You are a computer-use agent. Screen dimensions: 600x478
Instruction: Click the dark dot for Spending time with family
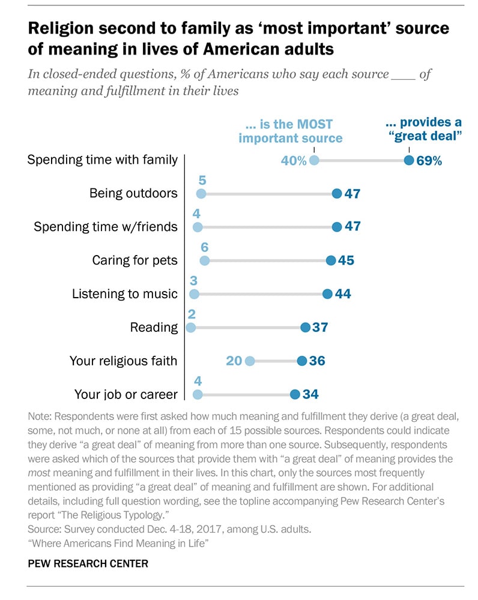click(409, 160)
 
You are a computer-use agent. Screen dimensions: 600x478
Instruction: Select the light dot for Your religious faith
click(250, 361)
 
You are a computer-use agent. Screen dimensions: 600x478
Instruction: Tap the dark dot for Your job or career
click(294, 394)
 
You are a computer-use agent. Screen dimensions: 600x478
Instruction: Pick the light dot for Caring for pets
click(204, 260)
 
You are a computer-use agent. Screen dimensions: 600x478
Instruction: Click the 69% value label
click(430, 161)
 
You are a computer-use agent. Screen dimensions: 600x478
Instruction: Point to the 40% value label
click(294, 161)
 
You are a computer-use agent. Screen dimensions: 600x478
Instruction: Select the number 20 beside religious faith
click(234, 361)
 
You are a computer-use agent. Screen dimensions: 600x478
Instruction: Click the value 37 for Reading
click(320, 328)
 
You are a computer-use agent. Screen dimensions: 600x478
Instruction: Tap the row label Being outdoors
click(133, 193)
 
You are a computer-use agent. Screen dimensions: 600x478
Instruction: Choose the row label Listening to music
click(125, 294)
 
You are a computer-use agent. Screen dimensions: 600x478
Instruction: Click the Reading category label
click(154, 328)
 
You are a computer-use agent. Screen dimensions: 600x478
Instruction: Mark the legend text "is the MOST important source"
click(290, 131)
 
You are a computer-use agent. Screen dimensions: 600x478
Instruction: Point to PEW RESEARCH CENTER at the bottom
click(88, 564)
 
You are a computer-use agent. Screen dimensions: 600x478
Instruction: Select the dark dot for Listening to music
click(327, 294)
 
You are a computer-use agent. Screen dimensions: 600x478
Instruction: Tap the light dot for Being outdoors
click(201, 193)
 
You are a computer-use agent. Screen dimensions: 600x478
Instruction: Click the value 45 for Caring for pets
click(346, 260)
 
